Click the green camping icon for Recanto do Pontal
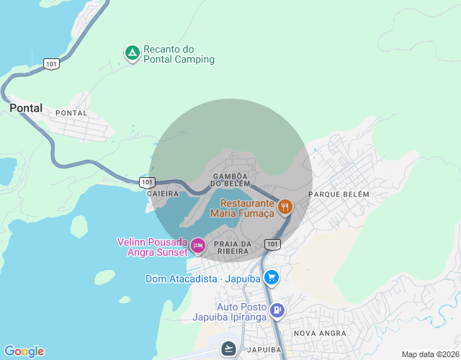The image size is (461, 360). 132,53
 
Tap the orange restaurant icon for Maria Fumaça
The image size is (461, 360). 285,207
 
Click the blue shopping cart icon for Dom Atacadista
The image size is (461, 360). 271,278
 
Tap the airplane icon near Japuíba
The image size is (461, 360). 229,348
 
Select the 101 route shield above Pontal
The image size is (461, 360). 50,64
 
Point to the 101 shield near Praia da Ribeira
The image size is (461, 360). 272,244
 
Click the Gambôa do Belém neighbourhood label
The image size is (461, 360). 230,180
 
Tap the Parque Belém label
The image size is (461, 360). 339,194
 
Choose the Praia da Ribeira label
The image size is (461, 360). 233,248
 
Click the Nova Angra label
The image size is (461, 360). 320,333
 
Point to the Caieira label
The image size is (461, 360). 161,194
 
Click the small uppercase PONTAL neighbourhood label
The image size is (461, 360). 71,113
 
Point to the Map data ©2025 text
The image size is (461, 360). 430,354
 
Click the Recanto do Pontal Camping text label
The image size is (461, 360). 179,54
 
